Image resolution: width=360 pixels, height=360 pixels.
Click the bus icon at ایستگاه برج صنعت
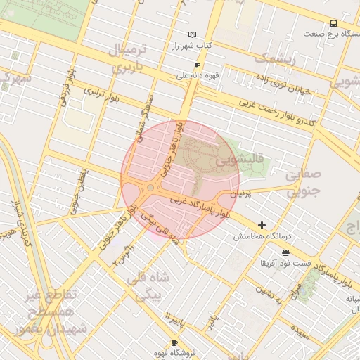pyautogui.click(x=334, y=22)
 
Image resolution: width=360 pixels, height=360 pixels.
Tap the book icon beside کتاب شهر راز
pyautogui.click(x=193, y=34)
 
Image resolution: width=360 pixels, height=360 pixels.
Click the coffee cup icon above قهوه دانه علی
pyautogui.click(x=197, y=65)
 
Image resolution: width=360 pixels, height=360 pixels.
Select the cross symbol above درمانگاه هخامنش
pyautogui.click(x=262, y=226)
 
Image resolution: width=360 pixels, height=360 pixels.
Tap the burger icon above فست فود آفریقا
pyautogui.click(x=285, y=252)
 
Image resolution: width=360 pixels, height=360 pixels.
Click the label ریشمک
pyautogui.click(x=271, y=58)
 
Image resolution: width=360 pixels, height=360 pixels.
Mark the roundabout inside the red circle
pyautogui.click(x=150, y=188)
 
